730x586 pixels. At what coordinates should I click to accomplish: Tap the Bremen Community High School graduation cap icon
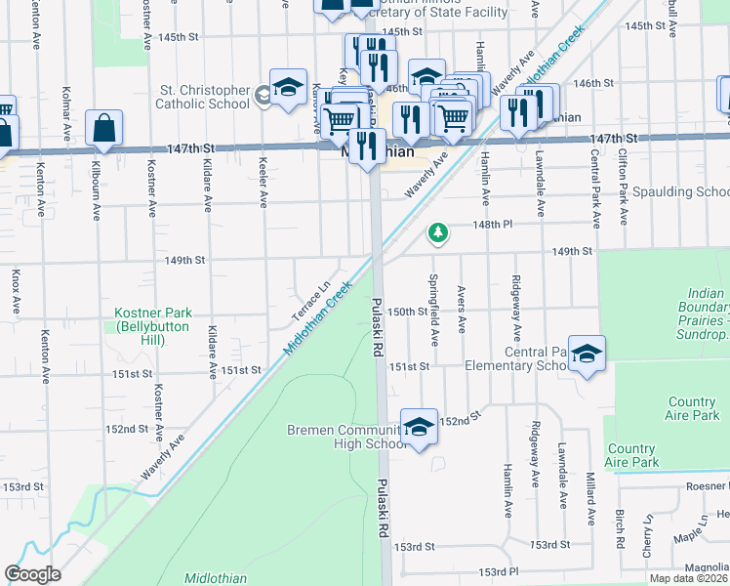419,428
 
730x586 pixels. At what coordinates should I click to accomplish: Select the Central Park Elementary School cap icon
587,355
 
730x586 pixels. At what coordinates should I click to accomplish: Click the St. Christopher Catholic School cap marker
289,89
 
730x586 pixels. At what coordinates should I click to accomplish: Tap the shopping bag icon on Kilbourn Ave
103,129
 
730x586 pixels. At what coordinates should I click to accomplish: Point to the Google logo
33,574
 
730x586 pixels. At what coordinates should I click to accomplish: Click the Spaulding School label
680,192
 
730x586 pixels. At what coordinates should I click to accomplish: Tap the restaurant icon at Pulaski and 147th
367,146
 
